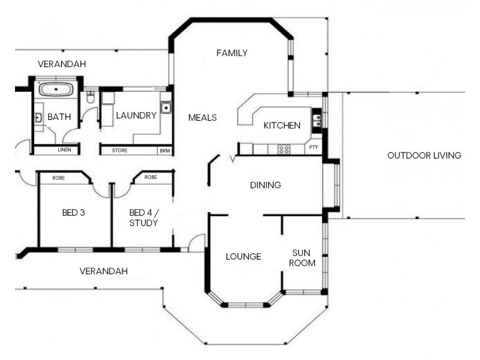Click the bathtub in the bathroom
[56, 90]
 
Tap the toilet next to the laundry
[91, 98]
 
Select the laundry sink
[166, 109]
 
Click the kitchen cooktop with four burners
[283, 149]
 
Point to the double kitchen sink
[316, 121]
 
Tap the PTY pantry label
[313, 147]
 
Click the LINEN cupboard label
[65, 150]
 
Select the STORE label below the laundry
[119, 150]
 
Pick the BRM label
[164, 150]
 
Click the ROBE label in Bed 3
[59, 178]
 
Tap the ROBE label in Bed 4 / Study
[151, 178]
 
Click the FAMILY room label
[232, 53]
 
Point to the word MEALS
[202, 118]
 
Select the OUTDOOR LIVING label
[424, 155]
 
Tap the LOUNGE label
[243, 257]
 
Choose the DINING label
[265, 185]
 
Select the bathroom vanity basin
[37, 118]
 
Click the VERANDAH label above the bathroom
[62, 64]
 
